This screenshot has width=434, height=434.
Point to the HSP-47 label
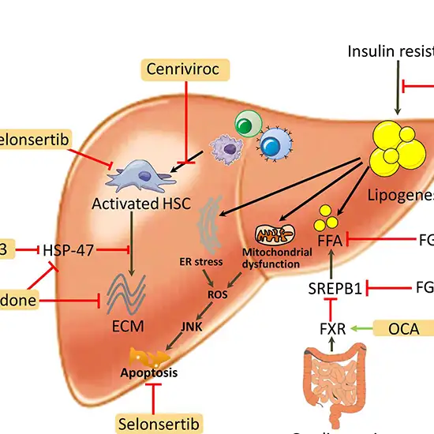[68, 250]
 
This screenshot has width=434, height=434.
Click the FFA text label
[327, 238]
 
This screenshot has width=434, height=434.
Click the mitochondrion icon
[275, 234]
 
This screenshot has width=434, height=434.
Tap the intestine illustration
[331, 387]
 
